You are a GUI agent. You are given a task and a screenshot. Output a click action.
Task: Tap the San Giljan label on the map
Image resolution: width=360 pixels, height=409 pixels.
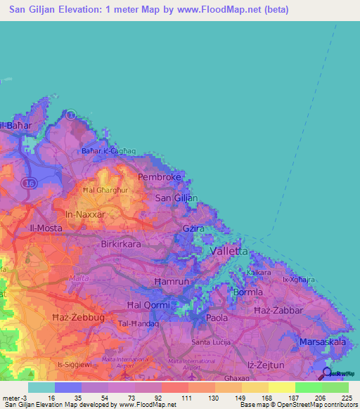click(176, 198)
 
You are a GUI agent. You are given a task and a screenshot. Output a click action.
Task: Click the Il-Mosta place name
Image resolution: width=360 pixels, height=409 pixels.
click(45, 228)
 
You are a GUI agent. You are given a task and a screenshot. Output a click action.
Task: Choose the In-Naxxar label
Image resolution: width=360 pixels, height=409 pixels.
click(84, 214)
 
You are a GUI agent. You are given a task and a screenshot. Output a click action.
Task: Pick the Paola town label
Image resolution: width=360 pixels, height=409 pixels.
click(217, 318)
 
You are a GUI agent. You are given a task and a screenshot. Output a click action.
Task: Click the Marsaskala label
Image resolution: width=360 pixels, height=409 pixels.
click(321, 342)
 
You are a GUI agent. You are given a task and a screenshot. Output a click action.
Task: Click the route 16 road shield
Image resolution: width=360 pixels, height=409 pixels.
click(28, 182)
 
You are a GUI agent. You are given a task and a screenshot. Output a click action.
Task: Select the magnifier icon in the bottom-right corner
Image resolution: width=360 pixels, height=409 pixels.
click(328, 372)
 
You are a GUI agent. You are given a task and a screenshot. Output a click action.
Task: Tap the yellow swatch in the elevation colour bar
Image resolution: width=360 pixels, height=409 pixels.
click(281, 387)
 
